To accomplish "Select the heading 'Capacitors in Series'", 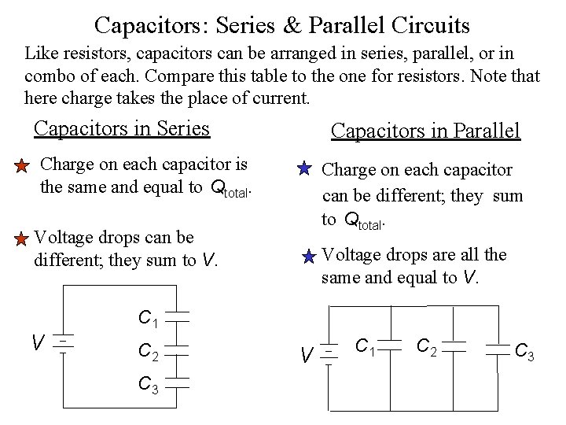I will (x=122, y=128).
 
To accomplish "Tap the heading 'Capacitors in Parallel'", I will (x=425, y=131).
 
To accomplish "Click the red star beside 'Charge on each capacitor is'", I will (x=23, y=166).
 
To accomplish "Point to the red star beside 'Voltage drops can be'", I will (x=23, y=238).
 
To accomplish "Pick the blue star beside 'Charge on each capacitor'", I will (x=305, y=169).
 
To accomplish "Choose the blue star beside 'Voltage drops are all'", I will (x=309, y=255).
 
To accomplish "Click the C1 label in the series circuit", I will (x=149, y=319).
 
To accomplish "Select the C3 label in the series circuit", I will (x=149, y=385).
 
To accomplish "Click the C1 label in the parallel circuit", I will (x=365, y=346).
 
